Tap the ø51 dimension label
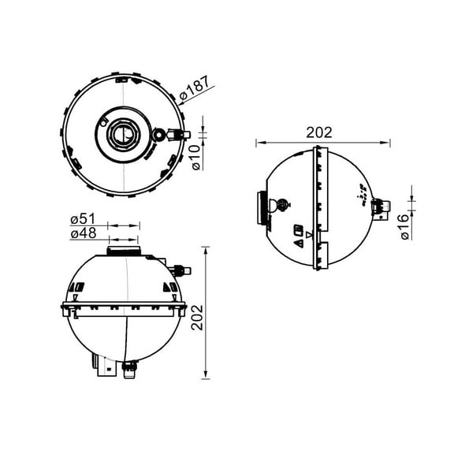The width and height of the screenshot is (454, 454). pyautogui.click(x=83, y=219)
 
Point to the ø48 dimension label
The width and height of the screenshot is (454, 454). pyautogui.click(x=83, y=234)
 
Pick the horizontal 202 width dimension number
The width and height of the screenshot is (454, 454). pyautogui.click(x=319, y=132)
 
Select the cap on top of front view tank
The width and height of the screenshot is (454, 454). pyautogui.click(x=124, y=251)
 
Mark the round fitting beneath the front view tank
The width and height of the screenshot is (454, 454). pyautogui.click(x=128, y=366)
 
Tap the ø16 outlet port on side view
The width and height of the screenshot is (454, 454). pyautogui.click(x=381, y=207)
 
